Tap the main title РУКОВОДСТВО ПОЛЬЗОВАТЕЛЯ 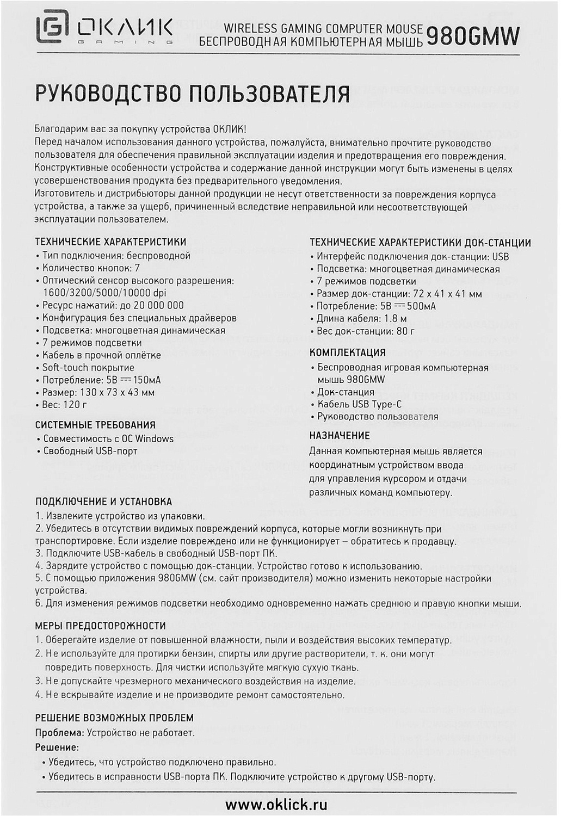point(192,94)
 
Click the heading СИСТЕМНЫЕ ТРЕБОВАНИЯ point(95,425)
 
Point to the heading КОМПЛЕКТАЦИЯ point(347,353)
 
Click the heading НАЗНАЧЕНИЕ point(339,435)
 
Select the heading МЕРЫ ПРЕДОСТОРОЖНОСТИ point(100,626)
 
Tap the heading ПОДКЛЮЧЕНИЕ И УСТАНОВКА point(103,502)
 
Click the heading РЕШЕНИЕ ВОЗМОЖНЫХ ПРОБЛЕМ point(114,718)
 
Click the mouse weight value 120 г point(76,405)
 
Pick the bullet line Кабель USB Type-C point(359,404)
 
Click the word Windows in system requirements point(154,438)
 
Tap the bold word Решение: point(57,747)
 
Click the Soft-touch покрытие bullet point(88,367)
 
